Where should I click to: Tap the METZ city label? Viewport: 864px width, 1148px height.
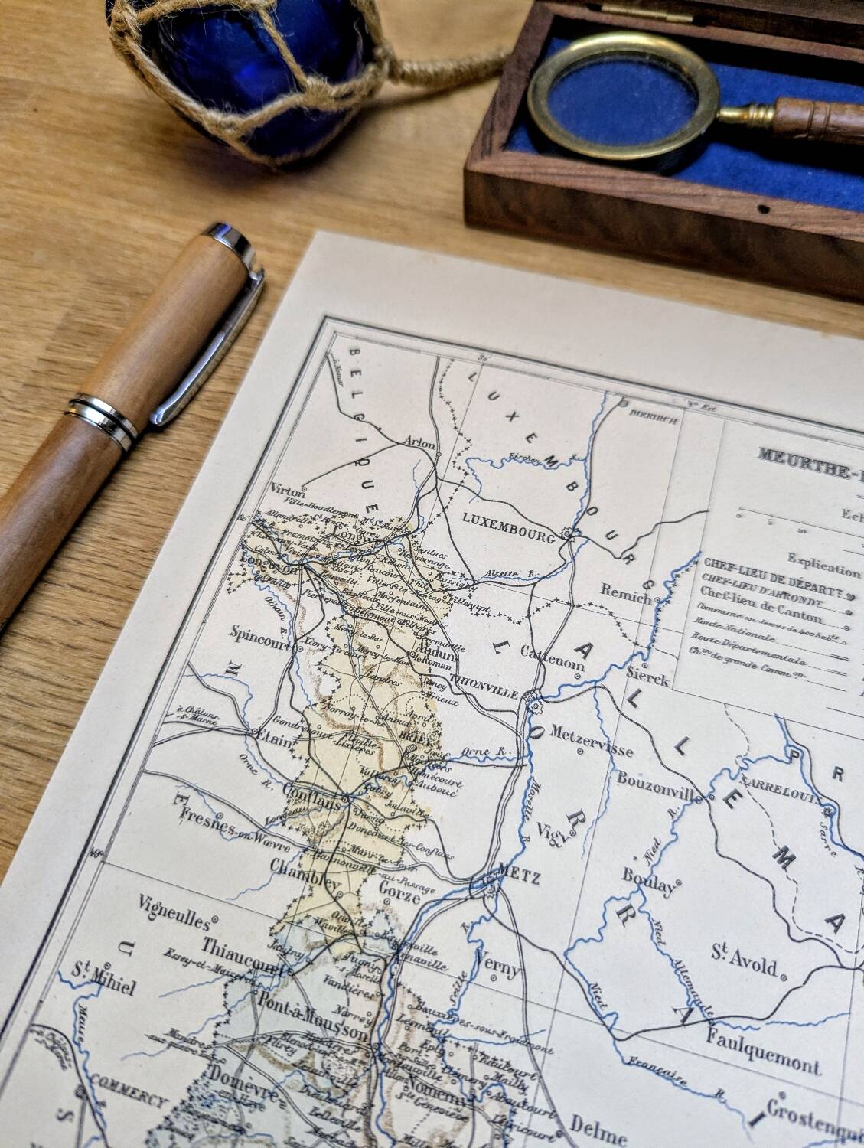[519, 876]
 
